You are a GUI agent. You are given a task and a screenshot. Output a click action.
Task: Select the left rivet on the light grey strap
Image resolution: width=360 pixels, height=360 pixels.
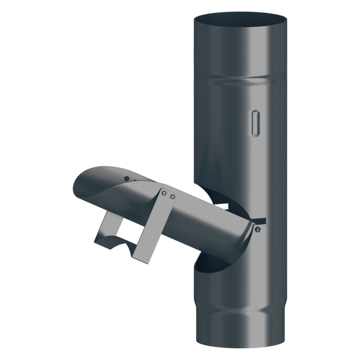pyautogui.click(x=165, y=194)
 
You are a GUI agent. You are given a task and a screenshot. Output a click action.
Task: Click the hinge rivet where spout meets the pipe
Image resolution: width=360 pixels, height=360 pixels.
pyautogui.click(x=257, y=229)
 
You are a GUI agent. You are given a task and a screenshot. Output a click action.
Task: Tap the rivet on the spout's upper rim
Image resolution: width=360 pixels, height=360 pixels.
pyautogui.click(x=127, y=178)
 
